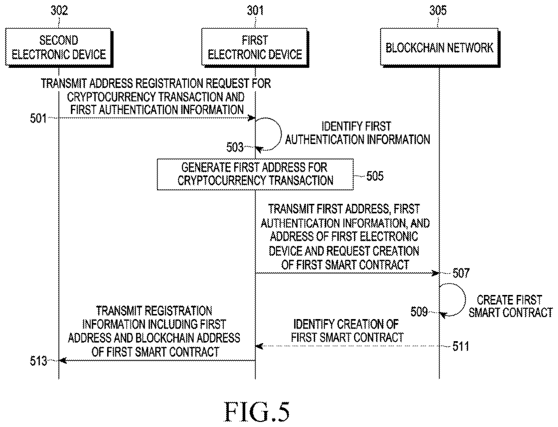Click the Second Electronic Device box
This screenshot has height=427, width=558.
tap(59, 47)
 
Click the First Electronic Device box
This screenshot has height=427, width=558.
tap(255, 47)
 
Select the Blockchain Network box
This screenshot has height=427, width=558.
tap(440, 47)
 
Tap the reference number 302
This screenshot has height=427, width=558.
tap(59, 11)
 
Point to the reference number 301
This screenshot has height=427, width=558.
tap(255, 11)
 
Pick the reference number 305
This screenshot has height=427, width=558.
tap(438, 11)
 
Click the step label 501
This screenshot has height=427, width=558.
tap(38, 118)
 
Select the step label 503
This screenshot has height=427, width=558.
tap(235, 147)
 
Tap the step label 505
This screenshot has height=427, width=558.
tap(375, 176)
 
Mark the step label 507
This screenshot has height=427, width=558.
tap(461, 273)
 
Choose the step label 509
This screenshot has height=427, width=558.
tap(419, 312)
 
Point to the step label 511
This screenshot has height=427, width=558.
tap(460, 346)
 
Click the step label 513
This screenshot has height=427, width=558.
tap(38, 361)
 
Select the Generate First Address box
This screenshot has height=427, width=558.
tap(255, 174)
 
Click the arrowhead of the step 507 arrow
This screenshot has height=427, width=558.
tap(436, 273)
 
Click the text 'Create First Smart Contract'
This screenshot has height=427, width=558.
tap(510, 306)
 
